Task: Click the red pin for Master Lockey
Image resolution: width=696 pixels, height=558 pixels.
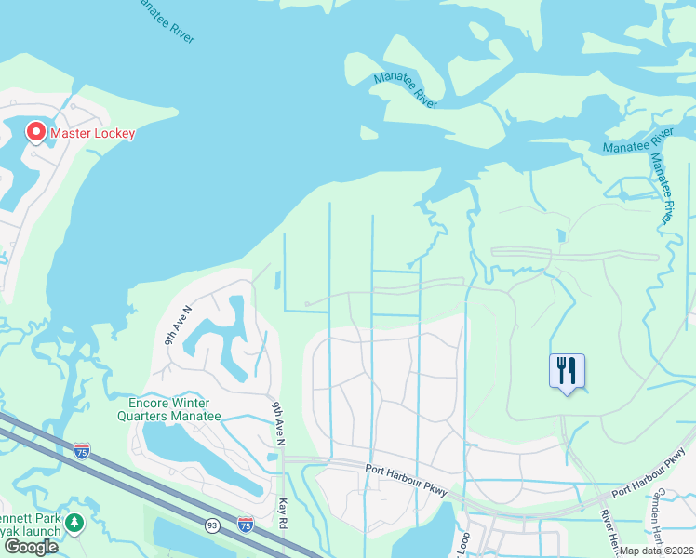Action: coord(36,132)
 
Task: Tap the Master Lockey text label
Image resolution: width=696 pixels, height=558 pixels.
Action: coord(92,133)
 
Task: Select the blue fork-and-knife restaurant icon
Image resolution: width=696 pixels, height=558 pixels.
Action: coord(567,372)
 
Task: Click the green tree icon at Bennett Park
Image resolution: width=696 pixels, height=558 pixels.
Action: coord(74,524)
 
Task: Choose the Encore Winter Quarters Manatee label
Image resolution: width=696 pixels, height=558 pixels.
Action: coord(175,409)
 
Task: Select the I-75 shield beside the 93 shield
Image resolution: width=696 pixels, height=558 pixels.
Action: coord(245,525)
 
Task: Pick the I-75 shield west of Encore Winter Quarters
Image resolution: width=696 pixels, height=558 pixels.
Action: coord(82,451)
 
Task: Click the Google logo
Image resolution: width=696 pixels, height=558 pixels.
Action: coord(31,547)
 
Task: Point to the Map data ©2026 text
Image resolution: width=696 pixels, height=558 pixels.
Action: coord(657,551)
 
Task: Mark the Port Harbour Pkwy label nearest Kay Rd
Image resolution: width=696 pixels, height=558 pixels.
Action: coord(406,471)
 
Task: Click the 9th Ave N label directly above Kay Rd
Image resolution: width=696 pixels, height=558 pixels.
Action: coord(277,421)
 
